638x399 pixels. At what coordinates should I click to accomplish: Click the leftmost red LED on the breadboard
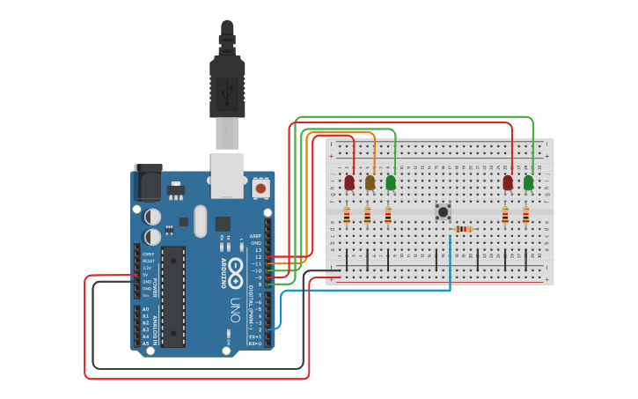[x=349, y=182]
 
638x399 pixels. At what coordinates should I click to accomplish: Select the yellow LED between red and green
[x=370, y=182]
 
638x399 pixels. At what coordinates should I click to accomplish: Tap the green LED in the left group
[x=391, y=182]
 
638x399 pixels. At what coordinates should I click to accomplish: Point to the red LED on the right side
[x=508, y=182]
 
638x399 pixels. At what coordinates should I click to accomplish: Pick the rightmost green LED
[x=528, y=182]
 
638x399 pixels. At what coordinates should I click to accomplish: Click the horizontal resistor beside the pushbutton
[x=463, y=229]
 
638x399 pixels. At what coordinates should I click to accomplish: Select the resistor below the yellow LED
[x=367, y=215]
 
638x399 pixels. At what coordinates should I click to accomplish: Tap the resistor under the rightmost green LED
[x=525, y=215]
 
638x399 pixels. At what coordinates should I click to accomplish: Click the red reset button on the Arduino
[x=260, y=188]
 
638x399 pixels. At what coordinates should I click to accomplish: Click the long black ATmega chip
[x=173, y=296]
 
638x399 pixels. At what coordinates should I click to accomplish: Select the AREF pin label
[x=256, y=236]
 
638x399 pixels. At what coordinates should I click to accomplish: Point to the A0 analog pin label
[x=145, y=309]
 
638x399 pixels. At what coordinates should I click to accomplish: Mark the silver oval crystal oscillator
[x=200, y=221]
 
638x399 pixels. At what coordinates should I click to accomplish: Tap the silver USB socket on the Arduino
[x=226, y=174]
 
